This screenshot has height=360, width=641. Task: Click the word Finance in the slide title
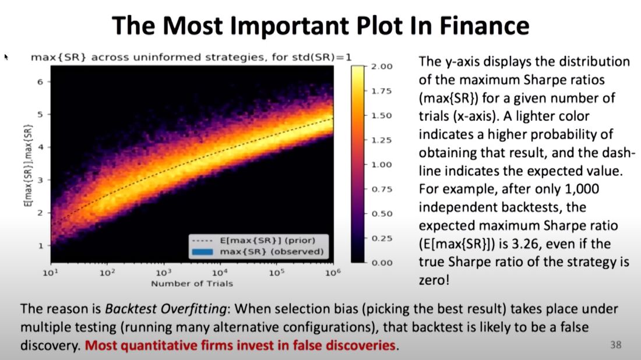click(x=484, y=26)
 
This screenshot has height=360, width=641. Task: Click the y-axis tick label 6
click(x=40, y=82)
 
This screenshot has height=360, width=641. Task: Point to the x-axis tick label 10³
click(x=164, y=272)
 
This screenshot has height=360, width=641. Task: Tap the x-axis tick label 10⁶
click(x=333, y=272)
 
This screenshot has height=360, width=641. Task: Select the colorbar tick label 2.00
click(x=382, y=66)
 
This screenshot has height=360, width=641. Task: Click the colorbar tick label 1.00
click(x=382, y=165)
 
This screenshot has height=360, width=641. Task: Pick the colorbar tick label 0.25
click(x=382, y=238)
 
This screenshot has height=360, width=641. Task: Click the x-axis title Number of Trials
click(x=192, y=284)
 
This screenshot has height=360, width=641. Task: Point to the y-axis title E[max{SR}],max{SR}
click(x=28, y=165)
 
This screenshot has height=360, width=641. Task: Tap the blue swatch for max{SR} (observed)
click(x=202, y=252)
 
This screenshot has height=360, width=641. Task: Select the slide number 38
click(x=616, y=345)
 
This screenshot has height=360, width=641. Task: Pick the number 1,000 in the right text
click(x=582, y=189)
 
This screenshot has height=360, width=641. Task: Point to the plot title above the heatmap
click(x=191, y=57)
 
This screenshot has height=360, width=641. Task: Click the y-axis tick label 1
click(x=40, y=246)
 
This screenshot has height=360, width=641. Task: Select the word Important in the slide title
click(x=289, y=27)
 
